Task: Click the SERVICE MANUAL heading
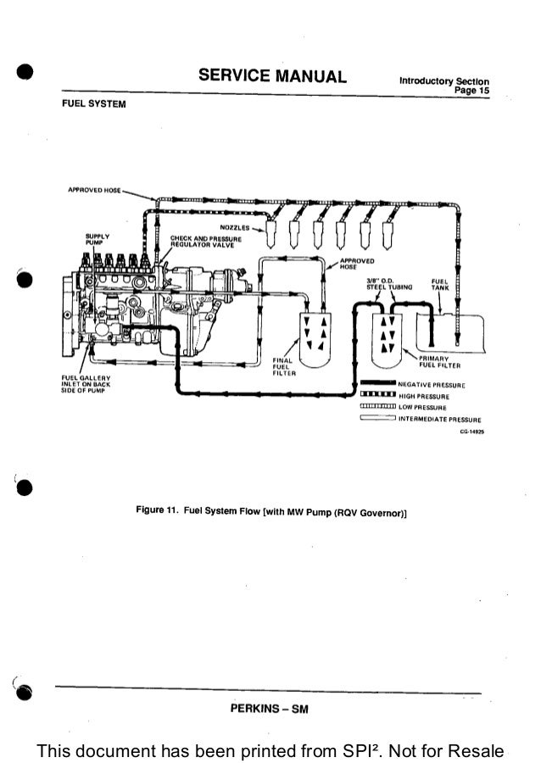pos(272,77)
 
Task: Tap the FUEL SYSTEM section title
pos(94,104)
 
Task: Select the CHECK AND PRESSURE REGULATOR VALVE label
pos(206,241)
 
